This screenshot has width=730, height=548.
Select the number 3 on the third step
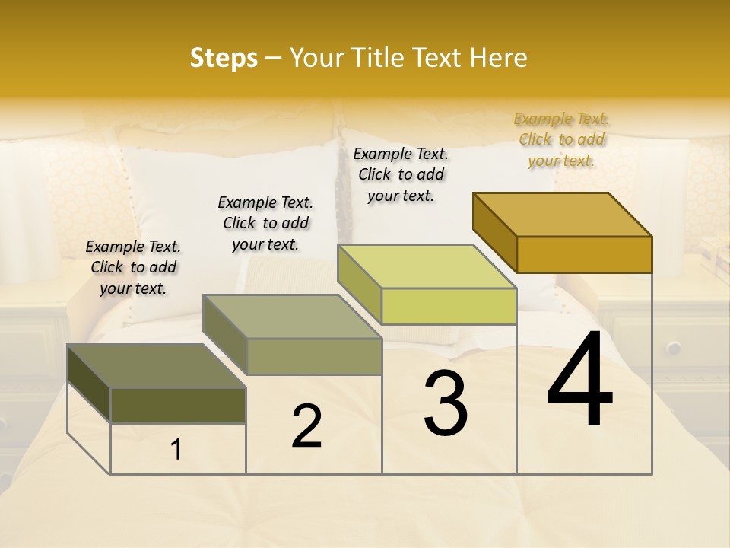pos(445,405)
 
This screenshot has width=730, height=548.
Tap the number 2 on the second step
pos(306,426)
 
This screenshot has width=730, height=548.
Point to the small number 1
pos(176,450)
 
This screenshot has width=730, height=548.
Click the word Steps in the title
pos(224,58)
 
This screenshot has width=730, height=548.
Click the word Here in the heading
pos(499,58)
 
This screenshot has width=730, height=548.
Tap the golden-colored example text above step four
pos(561,139)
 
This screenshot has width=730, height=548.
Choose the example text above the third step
pos(401,174)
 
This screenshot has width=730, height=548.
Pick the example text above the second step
pos(265,223)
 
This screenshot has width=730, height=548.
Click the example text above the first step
pos(133,267)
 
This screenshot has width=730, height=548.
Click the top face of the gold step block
pos(563,214)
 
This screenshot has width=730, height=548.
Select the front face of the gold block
pos(584,254)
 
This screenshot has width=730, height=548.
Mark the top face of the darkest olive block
pos(157,366)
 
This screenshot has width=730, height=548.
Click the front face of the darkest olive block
pos(178,405)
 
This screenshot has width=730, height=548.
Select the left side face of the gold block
pos(494,231)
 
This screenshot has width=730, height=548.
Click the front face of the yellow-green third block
pos(449,306)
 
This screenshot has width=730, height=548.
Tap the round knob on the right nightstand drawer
pos(674,348)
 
